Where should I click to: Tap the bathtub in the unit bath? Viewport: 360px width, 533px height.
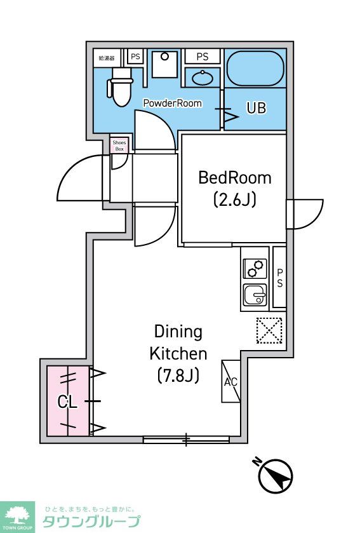point(255,69)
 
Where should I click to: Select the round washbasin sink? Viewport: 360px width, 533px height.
point(203,78)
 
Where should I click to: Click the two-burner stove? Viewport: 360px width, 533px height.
point(255,269)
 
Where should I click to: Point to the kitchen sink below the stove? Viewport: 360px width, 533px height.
point(255,295)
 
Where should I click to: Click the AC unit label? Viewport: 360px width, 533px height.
point(230,382)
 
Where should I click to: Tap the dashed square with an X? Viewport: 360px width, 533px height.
point(269,331)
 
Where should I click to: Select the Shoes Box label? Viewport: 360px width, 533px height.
point(119,146)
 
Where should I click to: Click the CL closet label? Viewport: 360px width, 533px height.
point(67,402)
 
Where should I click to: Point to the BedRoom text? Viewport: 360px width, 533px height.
point(235,178)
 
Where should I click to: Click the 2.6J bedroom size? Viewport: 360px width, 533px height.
point(235,200)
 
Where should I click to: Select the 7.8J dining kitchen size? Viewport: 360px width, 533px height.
point(178,375)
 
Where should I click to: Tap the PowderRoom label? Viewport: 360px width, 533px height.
point(173,103)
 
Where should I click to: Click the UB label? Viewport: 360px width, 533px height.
point(257,108)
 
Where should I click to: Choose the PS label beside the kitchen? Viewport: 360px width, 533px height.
point(280,278)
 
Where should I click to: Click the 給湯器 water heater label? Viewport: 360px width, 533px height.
point(107,58)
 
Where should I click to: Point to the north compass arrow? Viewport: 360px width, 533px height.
point(276,476)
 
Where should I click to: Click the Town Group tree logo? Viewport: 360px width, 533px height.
point(17,516)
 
